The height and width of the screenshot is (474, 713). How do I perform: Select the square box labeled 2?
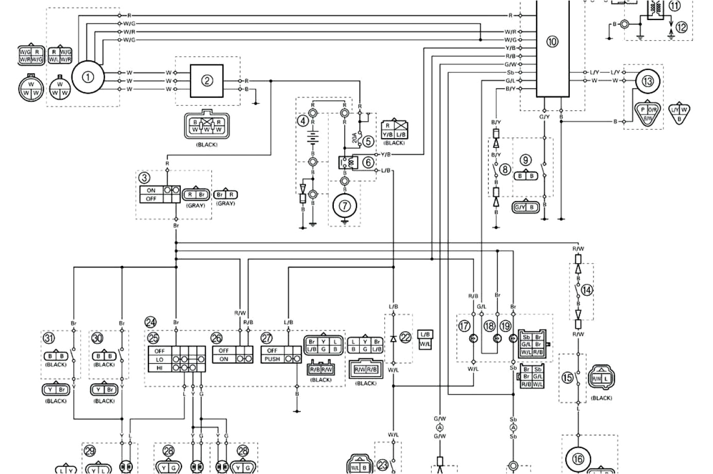coord(207,80)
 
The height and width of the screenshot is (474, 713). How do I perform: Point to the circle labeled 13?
coord(647,81)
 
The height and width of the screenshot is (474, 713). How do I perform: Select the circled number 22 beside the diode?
coord(406,337)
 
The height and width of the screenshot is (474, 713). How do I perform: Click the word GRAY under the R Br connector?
coord(195,205)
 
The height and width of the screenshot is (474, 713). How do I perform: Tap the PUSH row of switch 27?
coord(271,359)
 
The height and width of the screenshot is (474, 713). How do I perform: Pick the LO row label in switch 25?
coord(159,359)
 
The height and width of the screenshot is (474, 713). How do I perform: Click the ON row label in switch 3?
coord(151,190)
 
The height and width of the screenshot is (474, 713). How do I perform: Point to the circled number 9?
coord(525,160)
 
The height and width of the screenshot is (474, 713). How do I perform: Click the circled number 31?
coord(48,338)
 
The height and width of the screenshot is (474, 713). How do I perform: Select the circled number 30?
coord(97,338)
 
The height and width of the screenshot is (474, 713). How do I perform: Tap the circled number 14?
coord(586,290)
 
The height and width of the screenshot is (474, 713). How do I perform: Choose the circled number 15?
coord(568,378)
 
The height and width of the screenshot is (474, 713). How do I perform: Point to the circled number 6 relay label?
coord(368,162)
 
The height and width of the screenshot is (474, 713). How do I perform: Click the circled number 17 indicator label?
coord(465,326)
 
